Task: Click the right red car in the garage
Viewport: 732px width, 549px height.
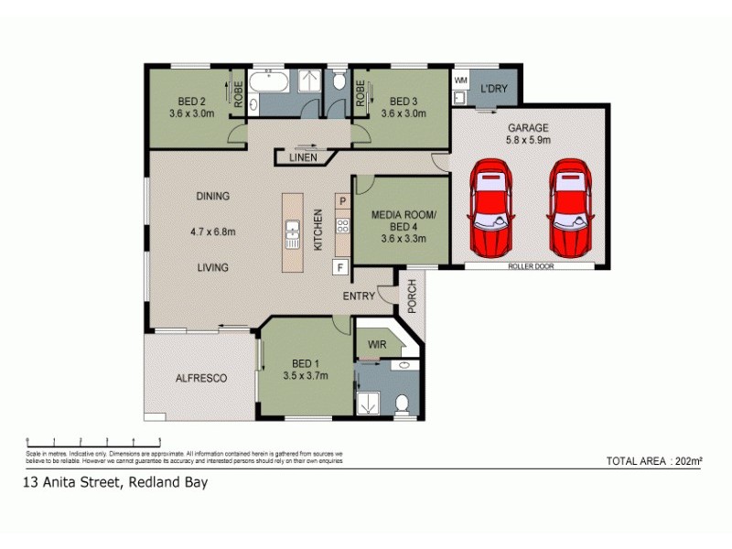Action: [570, 210]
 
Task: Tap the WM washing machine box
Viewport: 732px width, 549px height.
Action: [460, 81]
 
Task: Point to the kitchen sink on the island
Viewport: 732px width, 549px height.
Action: [294, 235]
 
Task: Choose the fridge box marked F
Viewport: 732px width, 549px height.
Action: [341, 267]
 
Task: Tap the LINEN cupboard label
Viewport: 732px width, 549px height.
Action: [303, 157]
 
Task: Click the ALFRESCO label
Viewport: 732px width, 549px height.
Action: [201, 377]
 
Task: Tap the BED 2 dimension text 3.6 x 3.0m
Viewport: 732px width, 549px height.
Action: [190, 113]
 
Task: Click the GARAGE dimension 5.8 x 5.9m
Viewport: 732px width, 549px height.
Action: [527, 140]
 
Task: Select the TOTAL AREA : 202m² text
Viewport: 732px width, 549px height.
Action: [653, 460]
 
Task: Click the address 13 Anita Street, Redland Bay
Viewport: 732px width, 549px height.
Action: [115, 483]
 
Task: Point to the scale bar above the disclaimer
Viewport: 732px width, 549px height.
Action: [93, 441]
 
